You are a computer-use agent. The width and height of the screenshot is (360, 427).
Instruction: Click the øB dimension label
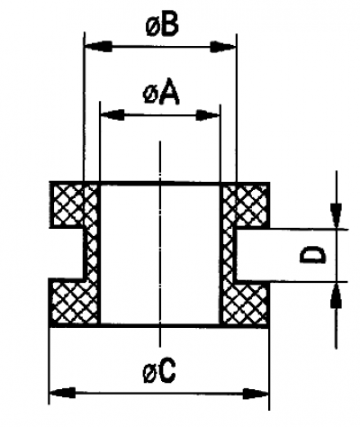tap(162, 25)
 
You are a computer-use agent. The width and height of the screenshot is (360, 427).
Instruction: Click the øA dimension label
tap(161, 94)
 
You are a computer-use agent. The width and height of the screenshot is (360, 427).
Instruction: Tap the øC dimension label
tap(159, 372)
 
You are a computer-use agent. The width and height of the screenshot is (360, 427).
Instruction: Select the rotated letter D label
tap(312, 255)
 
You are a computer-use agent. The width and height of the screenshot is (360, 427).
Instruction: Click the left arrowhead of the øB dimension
tap(98, 47)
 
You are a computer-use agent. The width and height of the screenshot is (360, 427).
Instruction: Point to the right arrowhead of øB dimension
tap(223, 47)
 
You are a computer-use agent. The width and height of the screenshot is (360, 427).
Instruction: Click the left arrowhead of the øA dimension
tap(112, 114)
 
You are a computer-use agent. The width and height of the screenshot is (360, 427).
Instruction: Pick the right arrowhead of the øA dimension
tap(208, 115)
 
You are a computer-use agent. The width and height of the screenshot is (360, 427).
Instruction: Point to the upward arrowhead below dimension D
tap(336, 295)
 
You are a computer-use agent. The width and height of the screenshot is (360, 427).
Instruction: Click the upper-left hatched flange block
tap(68, 204)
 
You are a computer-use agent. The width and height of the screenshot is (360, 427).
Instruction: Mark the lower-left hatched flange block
tap(68, 302)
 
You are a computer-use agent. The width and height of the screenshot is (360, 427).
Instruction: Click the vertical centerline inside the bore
tap(160, 243)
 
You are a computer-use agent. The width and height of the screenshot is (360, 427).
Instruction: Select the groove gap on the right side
tap(253, 255)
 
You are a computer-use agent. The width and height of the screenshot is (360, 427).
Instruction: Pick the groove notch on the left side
tap(67, 253)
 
